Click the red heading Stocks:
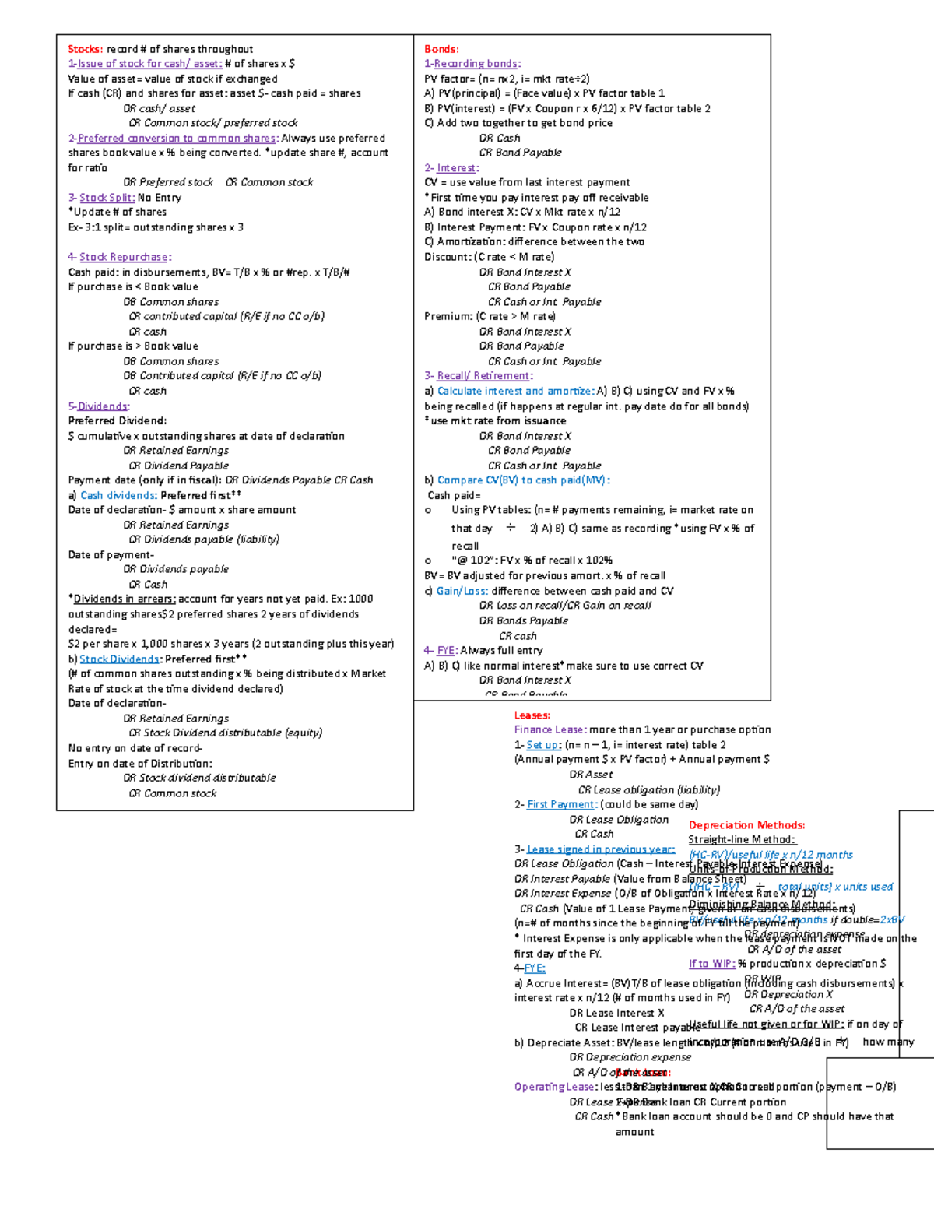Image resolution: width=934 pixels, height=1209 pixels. (x=85, y=49)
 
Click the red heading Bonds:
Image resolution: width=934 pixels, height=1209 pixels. (x=441, y=49)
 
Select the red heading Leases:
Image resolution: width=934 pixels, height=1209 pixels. (x=532, y=715)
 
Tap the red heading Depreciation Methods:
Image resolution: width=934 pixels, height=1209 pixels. (x=746, y=825)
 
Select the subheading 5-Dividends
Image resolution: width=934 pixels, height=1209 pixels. (x=99, y=406)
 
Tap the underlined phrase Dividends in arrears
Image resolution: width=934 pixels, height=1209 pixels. (x=125, y=599)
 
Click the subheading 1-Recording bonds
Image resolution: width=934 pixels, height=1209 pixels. (x=472, y=64)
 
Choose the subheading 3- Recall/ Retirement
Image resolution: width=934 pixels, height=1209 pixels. (x=478, y=376)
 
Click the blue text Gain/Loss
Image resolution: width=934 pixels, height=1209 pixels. (x=462, y=591)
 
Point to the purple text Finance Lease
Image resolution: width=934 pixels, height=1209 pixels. (x=549, y=730)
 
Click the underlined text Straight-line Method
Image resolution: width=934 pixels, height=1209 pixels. (x=742, y=840)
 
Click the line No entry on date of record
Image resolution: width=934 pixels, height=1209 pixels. (x=135, y=749)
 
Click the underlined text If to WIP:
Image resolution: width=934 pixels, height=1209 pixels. (x=711, y=964)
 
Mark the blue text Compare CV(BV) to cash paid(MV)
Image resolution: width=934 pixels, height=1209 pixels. (x=523, y=480)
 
